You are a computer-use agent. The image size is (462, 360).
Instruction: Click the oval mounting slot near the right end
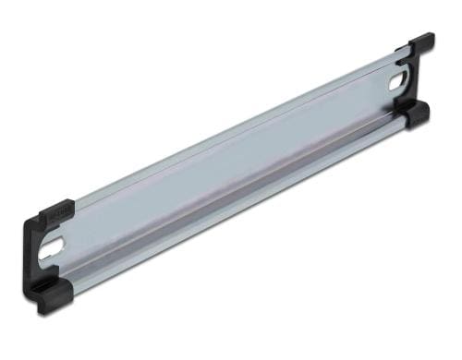[398, 80]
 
